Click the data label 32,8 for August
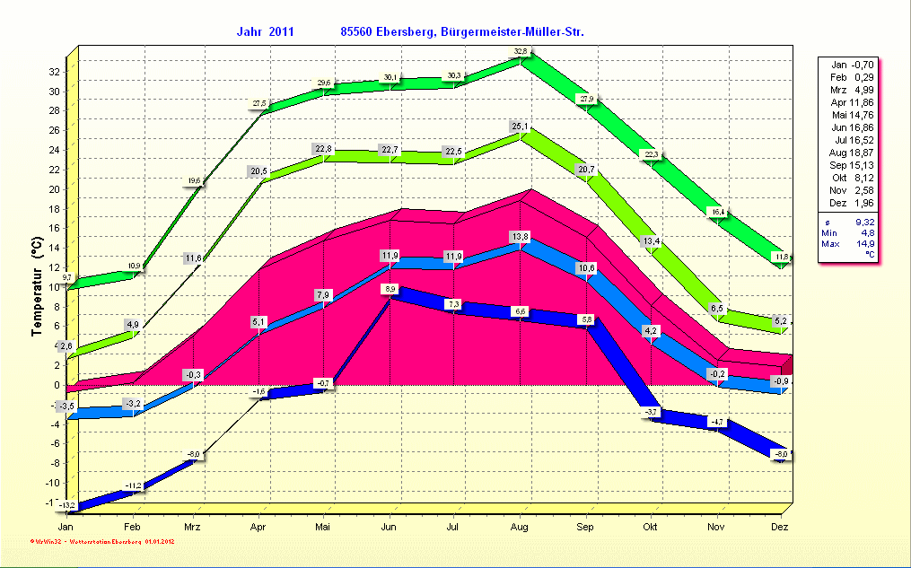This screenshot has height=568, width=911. pyautogui.click(x=521, y=51)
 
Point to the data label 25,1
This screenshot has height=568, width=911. pyautogui.click(x=521, y=127)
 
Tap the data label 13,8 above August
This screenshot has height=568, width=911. pyautogui.click(x=521, y=236)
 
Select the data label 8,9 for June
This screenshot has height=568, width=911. pyautogui.click(x=390, y=289)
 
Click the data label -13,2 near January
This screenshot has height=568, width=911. pyautogui.click(x=67, y=506)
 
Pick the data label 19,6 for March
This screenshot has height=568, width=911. pyautogui.click(x=194, y=181)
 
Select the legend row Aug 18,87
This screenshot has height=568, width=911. pyautogui.click(x=848, y=153)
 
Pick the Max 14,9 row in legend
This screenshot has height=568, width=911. pyautogui.click(x=848, y=244)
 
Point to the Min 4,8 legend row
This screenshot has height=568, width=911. pyautogui.click(x=848, y=232)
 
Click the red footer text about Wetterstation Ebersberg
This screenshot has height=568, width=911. pyautogui.click(x=101, y=542)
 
